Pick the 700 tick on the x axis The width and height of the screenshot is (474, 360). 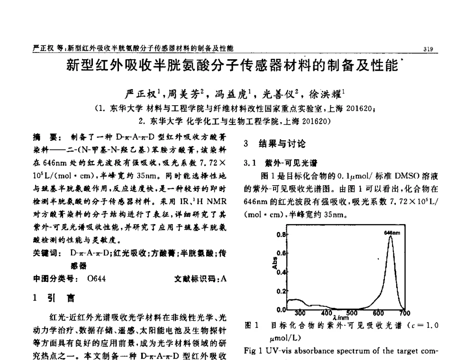click(x=404, y=313)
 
